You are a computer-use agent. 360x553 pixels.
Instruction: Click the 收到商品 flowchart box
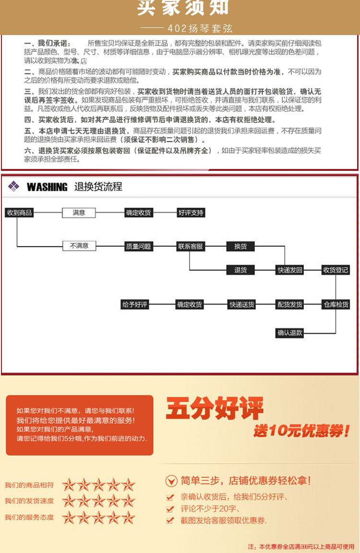pyautogui.click(x=19, y=213)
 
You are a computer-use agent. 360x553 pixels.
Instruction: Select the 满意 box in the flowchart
pyautogui.click(x=79, y=213)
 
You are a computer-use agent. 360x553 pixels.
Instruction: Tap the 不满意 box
pyautogui.click(x=79, y=246)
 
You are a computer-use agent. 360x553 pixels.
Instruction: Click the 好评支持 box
pyautogui.click(x=191, y=213)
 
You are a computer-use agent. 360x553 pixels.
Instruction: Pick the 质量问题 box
pyautogui.click(x=138, y=246)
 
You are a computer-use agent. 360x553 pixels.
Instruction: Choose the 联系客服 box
pyautogui.click(x=191, y=246)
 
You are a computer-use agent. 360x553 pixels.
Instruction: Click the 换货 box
pyautogui.click(x=240, y=246)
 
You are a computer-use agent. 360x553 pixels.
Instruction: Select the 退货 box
pyautogui.click(x=240, y=270)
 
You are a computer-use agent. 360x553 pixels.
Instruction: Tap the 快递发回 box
pyautogui.click(x=290, y=270)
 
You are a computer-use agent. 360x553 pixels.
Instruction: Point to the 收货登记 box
pyautogui.click(x=336, y=270)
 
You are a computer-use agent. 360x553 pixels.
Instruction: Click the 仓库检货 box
pyautogui.click(x=336, y=304)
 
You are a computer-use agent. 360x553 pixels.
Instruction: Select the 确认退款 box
pyautogui.click(x=290, y=333)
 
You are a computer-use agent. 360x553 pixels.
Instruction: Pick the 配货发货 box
pyautogui.click(x=290, y=304)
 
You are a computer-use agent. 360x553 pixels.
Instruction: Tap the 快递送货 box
pyautogui.click(x=241, y=304)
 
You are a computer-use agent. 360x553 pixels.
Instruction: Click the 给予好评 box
pyautogui.click(x=135, y=304)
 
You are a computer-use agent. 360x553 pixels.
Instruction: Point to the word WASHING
pyautogui.click(x=47, y=187)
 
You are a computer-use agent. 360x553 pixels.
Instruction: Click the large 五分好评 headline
pyautogui.click(x=215, y=409)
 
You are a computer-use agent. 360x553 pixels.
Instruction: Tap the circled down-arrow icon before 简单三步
pyautogui.click(x=171, y=481)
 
